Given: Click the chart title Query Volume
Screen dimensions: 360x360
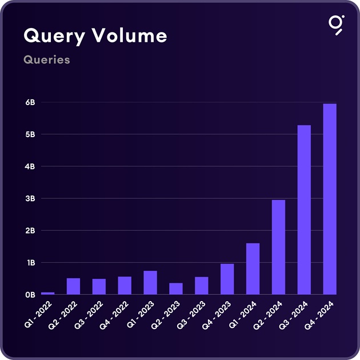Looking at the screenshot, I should [95, 35].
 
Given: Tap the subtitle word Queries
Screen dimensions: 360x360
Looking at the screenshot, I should [47, 59].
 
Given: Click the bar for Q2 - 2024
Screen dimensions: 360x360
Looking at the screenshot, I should [278, 247].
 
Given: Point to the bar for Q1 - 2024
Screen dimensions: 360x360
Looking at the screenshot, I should [253, 269].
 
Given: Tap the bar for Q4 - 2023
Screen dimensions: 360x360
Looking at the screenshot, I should [227, 279].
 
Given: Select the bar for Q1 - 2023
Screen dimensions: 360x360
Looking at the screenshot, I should [150, 282].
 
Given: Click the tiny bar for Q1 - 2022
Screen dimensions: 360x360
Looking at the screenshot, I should [47, 293].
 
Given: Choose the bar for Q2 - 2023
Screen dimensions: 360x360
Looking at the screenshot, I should [176, 289].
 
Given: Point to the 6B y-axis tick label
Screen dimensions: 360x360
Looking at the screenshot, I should [30, 103].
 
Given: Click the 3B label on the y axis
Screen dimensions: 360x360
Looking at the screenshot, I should [30, 199].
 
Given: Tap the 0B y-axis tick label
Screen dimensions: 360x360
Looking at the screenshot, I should [30, 295].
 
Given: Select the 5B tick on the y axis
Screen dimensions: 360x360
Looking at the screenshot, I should [30, 135].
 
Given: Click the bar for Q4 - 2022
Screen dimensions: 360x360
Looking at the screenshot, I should [125, 285].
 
